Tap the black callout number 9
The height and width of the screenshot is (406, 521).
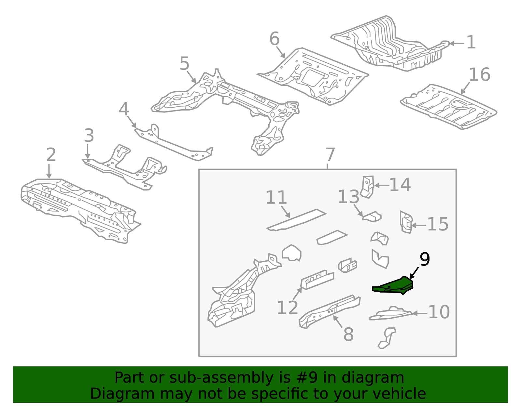click(425, 259)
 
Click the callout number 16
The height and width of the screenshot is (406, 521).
click(479, 75)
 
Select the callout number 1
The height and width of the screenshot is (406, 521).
click(471, 43)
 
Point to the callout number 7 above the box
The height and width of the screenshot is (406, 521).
click(330, 155)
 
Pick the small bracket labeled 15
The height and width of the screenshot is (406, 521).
click(406, 222)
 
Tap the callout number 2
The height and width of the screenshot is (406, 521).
click(51, 155)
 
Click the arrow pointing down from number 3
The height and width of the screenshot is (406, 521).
click(88, 151)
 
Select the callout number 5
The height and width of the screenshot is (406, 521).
click(184, 63)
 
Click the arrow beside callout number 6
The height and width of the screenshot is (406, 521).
click(281, 52)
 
